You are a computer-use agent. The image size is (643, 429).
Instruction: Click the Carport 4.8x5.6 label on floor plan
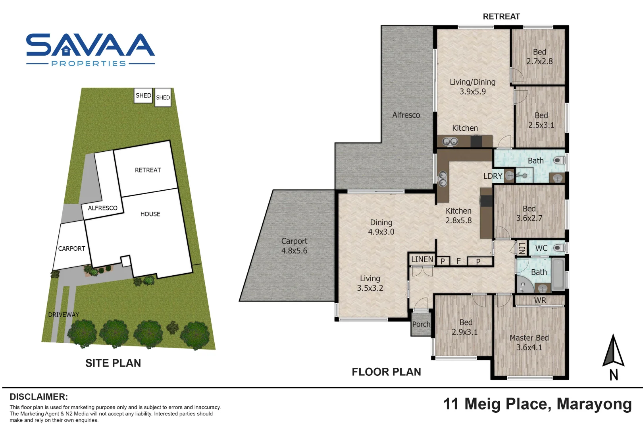point(294,246)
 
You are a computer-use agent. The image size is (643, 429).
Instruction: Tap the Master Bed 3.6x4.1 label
point(529,342)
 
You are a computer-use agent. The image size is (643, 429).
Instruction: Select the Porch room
point(421,324)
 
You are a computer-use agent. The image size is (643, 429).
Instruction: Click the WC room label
point(541,248)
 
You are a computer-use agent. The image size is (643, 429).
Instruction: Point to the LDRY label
point(493,176)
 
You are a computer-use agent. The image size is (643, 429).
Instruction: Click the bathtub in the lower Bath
point(558,274)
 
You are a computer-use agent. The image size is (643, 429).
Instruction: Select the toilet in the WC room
point(559,248)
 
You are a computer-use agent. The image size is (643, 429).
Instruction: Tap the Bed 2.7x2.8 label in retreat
point(539,56)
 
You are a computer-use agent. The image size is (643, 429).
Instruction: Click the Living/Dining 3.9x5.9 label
point(472,87)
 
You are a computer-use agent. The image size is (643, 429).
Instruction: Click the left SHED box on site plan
point(143,95)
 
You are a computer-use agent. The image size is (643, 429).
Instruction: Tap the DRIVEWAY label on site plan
point(64,315)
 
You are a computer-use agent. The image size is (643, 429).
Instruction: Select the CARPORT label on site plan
point(71,249)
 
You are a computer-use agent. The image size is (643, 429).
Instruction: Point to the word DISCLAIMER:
point(39,397)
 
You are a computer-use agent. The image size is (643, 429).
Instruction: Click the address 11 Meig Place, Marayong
point(537,404)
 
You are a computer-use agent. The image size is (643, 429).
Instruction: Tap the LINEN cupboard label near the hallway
point(422,259)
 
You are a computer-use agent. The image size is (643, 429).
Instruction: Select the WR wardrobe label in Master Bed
point(540,300)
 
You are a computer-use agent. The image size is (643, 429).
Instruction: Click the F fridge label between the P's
point(458,261)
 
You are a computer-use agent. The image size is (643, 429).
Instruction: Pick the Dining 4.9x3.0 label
point(381,227)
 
